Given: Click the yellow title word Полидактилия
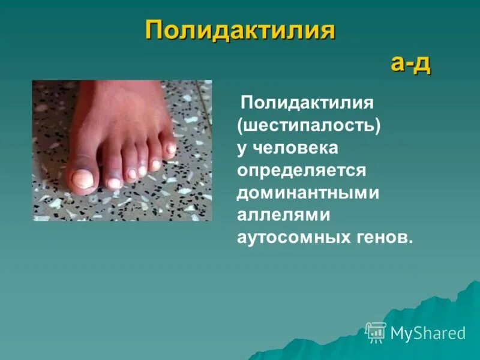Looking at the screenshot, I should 239,31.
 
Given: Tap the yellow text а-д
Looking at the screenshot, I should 411,62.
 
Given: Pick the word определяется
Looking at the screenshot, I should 301,170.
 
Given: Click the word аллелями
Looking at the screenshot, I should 277,215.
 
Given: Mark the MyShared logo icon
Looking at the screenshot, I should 376,332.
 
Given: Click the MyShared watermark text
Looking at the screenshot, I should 428,333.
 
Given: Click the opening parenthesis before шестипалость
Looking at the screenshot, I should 240,126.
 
